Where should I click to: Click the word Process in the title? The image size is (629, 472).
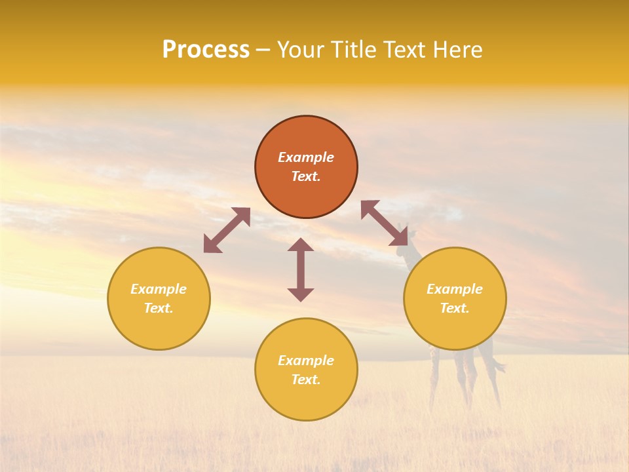[x=206, y=50]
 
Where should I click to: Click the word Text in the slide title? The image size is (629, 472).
[x=404, y=50]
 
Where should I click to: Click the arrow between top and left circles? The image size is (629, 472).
[x=227, y=230]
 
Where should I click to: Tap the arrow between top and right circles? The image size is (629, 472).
[x=384, y=224]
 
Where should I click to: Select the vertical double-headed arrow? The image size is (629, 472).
[x=301, y=269]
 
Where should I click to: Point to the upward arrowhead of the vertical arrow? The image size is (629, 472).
[x=301, y=245]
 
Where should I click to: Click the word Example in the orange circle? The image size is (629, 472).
[x=306, y=157]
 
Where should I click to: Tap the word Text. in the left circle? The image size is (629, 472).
[x=159, y=308]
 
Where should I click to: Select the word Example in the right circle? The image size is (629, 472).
[x=455, y=289]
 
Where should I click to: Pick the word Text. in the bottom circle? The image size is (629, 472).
[x=306, y=380]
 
